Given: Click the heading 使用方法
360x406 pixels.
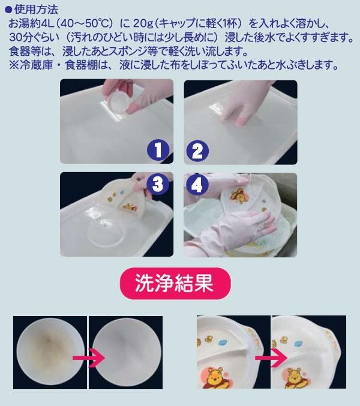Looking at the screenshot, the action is point(36,10).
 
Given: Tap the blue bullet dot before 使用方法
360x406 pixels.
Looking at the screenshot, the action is point(8,10).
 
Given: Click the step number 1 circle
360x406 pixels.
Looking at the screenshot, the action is point(158,150).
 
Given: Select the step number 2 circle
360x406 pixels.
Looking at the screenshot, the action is point(197,151).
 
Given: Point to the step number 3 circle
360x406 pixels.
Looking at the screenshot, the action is point(158,185).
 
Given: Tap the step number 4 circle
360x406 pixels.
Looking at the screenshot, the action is point(197,185).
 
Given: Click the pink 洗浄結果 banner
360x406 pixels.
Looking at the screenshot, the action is point(175,284).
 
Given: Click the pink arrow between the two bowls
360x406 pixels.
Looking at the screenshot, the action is point(89,357).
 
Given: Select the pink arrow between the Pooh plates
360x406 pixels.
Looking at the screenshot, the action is point(271,357).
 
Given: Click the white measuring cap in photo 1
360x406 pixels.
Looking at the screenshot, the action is point(118,102).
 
